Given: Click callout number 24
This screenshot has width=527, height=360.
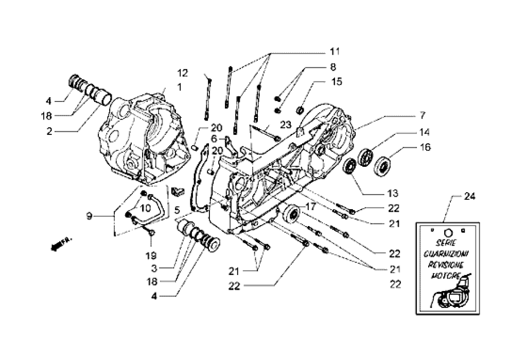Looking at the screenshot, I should tap(469, 197).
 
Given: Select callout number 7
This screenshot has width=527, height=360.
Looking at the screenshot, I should tap(422, 114).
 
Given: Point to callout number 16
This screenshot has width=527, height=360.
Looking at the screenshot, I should tap(425, 147).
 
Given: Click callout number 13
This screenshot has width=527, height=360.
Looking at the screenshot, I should tap(393, 194).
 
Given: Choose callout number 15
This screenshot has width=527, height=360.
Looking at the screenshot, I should tap(337, 81).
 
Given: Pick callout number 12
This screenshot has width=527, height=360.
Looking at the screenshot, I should tap(183, 72).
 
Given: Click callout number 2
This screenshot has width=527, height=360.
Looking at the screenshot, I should tap(49, 131).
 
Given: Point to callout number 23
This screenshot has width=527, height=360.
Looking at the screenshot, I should tap(286, 124).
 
